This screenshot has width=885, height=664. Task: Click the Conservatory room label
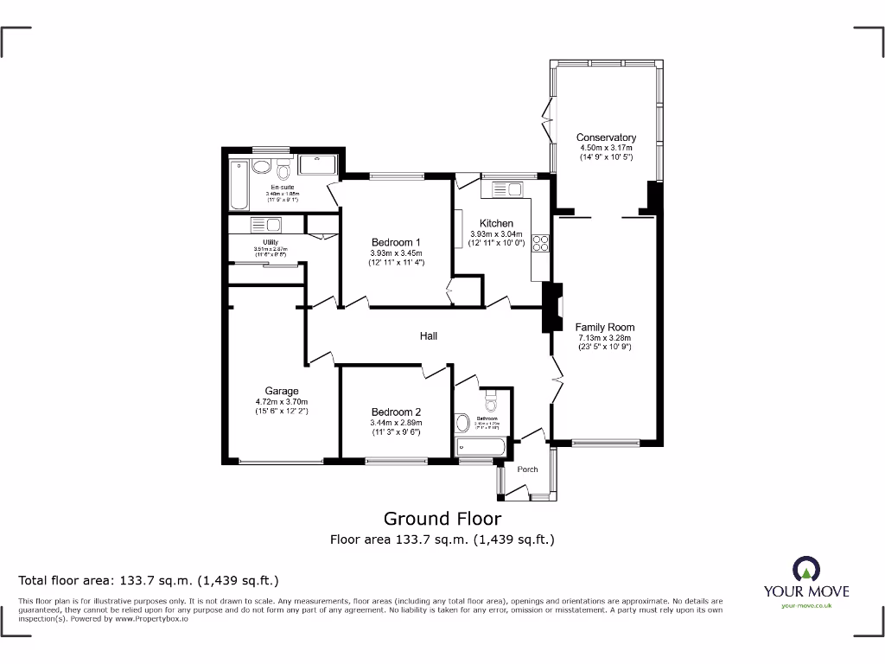click(606, 137)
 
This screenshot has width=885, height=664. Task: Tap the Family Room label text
click(605, 327)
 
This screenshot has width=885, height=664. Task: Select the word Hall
click(429, 335)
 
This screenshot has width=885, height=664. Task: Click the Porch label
click(527, 469)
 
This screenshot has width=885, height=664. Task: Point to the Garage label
click(282, 391)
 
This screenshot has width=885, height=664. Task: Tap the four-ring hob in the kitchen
click(542, 244)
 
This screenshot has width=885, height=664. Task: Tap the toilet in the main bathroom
click(492, 402)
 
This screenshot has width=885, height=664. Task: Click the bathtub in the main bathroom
click(481, 447)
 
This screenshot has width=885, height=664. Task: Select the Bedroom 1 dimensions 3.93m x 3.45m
click(397, 252)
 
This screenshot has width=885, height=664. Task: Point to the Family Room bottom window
click(604, 444)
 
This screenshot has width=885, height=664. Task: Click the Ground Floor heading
click(442, 519)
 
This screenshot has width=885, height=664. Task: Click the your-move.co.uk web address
click(805, 605)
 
